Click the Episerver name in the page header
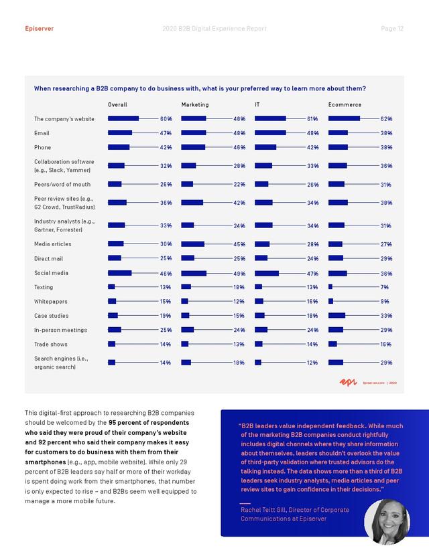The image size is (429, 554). tap(40, 29)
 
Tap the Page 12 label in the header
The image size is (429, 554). tap(392, 29)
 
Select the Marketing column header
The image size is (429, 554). tap(195, 104)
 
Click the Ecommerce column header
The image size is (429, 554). tap(345, 104)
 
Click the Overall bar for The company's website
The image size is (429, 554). tap(123, 118)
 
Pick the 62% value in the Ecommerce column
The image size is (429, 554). tap(387, 119)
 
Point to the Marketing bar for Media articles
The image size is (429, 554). tap(193, 244)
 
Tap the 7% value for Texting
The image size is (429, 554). tap(384, 287)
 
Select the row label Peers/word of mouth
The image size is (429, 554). tap(62, 185)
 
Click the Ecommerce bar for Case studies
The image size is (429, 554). tap(336, 316)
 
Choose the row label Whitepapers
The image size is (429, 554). tap(51, 301)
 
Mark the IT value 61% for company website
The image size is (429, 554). tap(312, 119)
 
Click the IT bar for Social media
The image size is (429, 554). tap(267, 273)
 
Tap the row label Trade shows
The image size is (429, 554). tap(51, 344)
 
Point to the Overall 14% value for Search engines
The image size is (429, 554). tap(166, 363)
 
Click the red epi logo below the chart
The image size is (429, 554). tap(349, 382)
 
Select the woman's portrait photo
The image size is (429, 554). tap(387, 521)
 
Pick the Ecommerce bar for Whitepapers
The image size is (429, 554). tap(330, 301)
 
